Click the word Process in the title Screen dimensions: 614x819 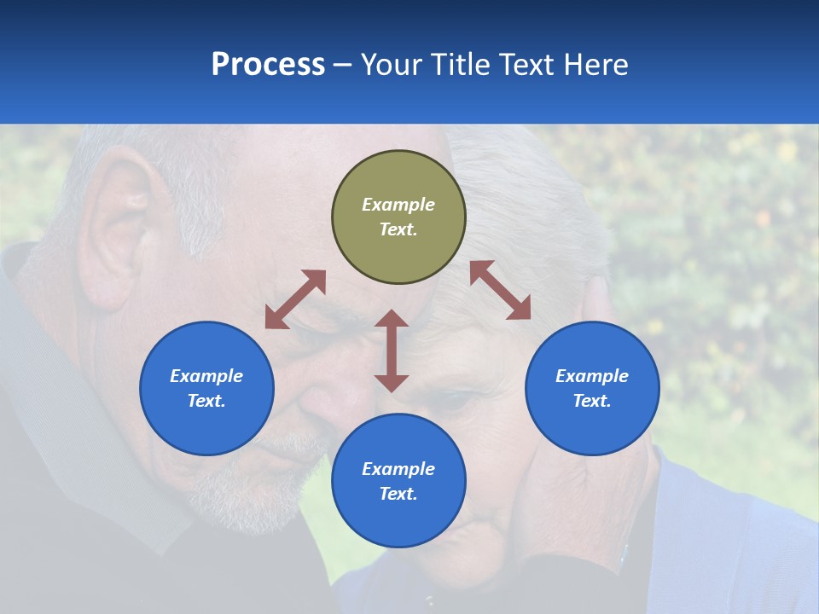coord(268,65)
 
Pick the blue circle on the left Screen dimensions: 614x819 coord(206,388)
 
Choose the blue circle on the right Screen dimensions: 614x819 coord(592,388)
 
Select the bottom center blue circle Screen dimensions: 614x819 coord(398,481)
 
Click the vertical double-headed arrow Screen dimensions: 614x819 coord(392,350)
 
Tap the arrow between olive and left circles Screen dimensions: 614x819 coord(295,299)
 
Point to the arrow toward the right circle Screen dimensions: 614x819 coord(500,290)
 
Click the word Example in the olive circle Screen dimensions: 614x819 coord(398,205)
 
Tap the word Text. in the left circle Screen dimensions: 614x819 coord(206,401)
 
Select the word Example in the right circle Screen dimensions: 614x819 coord(592,376)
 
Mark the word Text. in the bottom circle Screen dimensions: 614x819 coord(398,494)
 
